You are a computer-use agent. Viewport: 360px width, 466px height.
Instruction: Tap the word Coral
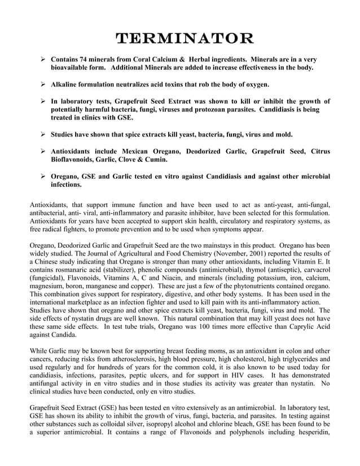click(145, 59)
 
